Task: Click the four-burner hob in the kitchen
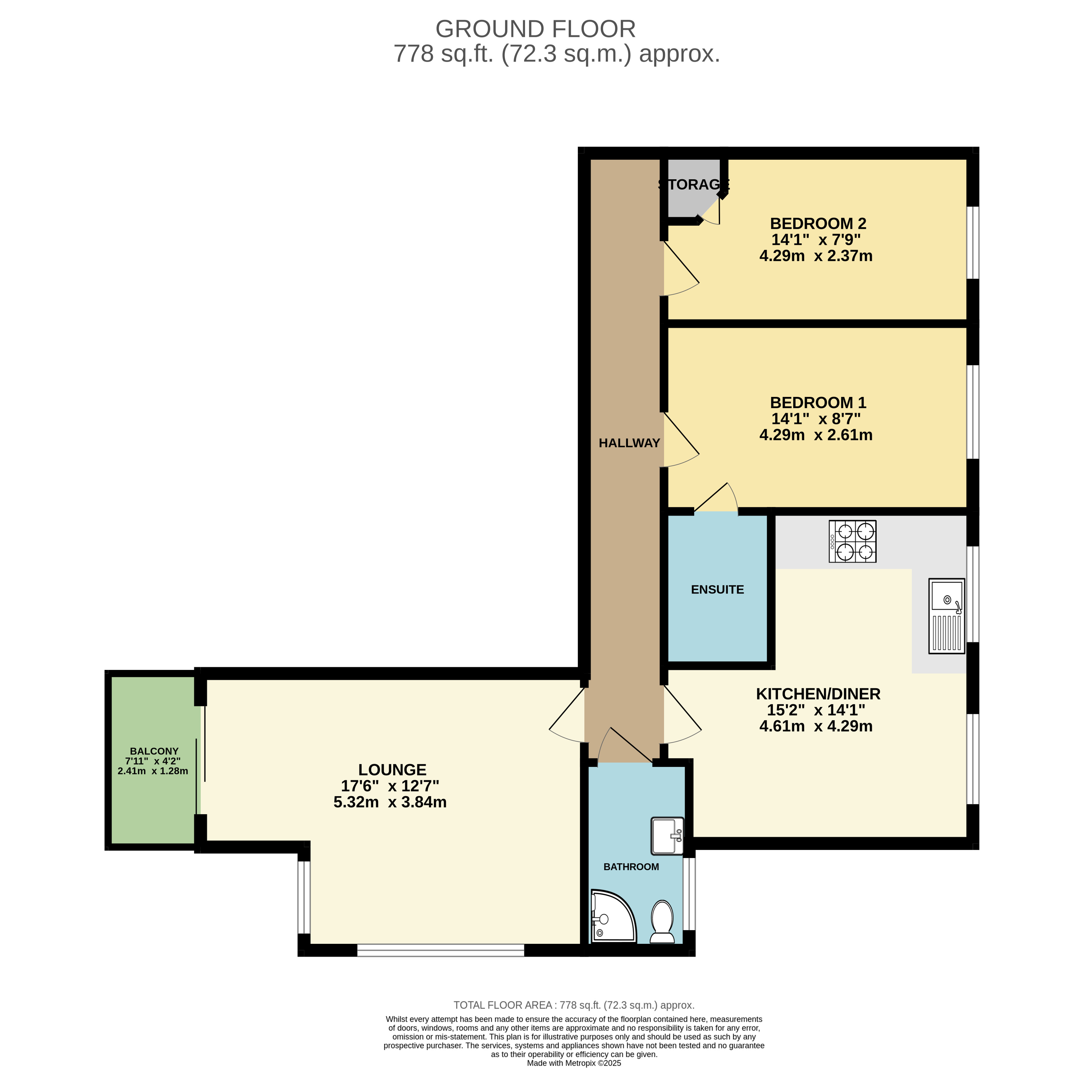(852, 541)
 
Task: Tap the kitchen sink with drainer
(947, 616)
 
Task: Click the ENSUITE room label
(717, 589)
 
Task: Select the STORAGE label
(694, 185)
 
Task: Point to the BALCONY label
(154, 751)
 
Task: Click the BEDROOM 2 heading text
(818, 224)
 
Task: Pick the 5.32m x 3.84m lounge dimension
(390, 802)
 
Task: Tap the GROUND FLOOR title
(535, 29)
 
